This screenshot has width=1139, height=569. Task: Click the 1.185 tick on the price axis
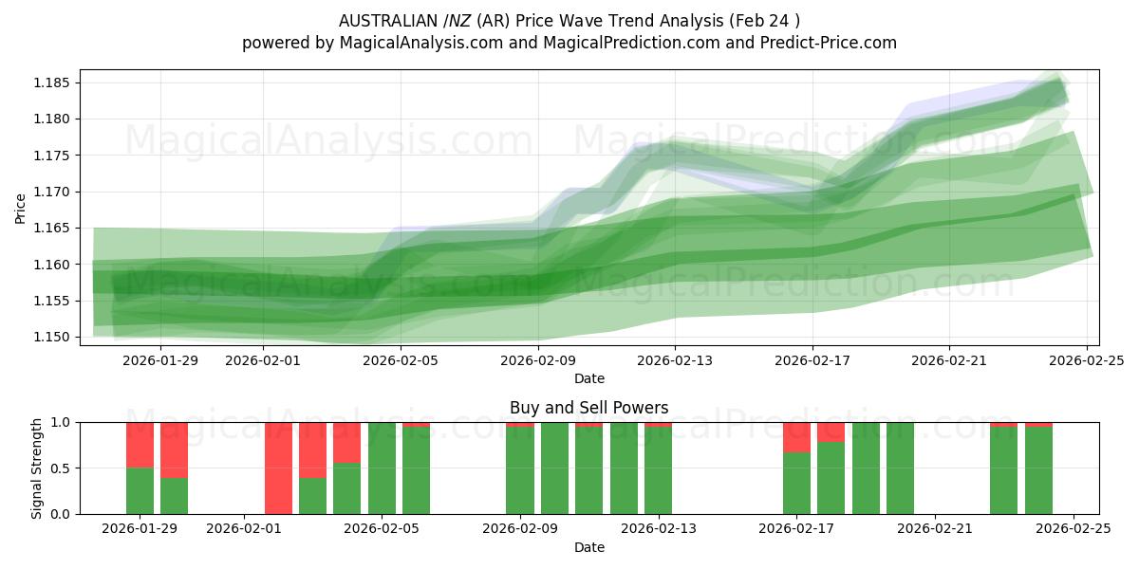(x=53, y=83)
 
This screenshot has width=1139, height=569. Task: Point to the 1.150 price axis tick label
(x=53, y=337)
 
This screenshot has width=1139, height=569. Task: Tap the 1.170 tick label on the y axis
(x=53, y=192)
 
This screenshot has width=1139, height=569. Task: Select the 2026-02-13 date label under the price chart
(x=675, y=360)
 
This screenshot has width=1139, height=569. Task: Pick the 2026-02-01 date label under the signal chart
(x=245, y=529)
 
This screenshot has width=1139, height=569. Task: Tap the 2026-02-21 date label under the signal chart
(x=935, y=529)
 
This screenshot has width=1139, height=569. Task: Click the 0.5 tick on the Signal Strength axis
(x=61, y=468)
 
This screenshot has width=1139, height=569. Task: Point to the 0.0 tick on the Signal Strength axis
(x=61, y=514)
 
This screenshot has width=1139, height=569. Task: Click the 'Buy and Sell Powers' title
(x=588, y=408)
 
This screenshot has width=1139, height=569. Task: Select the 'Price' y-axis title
(x=21, y=209)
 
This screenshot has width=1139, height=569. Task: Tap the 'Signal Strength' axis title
(x=37, y=468)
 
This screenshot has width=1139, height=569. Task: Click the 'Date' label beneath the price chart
(x=588, y=378)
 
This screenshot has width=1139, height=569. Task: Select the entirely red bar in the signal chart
(x=278, y=468)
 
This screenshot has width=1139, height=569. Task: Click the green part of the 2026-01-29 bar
(x=140, y=491)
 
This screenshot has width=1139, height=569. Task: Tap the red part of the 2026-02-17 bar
(x=796, y=436)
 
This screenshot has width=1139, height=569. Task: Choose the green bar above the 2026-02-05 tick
(x=382, y=468)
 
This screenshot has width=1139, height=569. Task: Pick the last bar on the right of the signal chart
(x=1038, y=470)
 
